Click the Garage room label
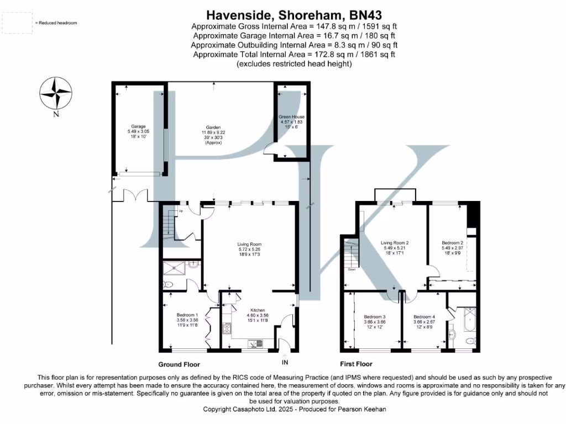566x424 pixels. (138, 126)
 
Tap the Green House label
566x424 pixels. (291, 117)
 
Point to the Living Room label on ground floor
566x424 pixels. (249, 244)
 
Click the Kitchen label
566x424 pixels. (258, 310)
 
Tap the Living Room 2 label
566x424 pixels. (394, 242)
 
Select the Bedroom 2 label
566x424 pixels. (452, 242)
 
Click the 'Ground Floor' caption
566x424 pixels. (179, 364)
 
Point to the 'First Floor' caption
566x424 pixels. (356, 364)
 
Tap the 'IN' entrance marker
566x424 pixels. (285, 363)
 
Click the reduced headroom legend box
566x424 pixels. (17, 23)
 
